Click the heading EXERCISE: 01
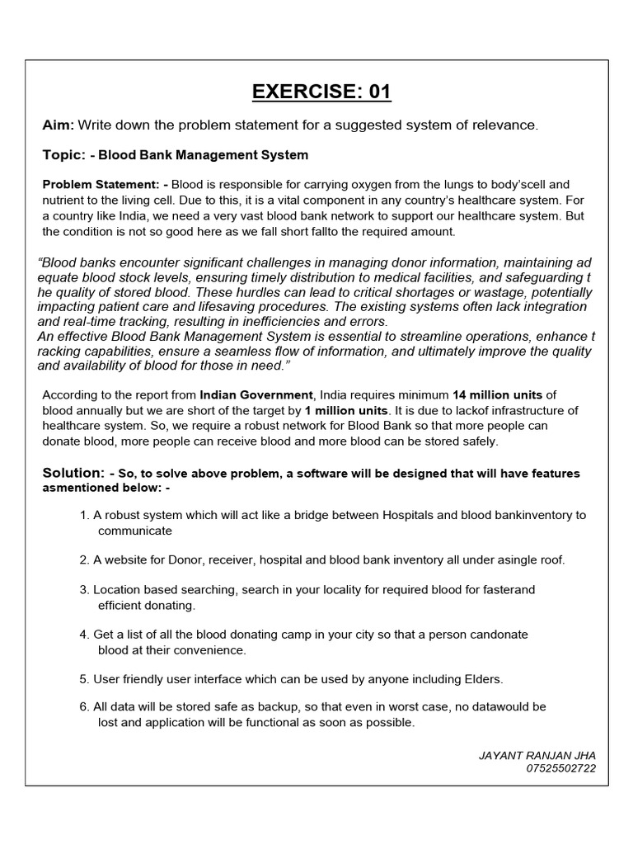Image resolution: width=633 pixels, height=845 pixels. [321, 91]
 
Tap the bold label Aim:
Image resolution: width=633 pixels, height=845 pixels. [59, 125]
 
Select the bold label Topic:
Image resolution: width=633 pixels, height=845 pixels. [63, 154]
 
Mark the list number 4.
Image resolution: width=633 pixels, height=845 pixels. [83, 635]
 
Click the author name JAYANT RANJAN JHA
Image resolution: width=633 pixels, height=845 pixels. [537, 755]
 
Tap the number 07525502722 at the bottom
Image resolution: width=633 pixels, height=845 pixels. [560, 768]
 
